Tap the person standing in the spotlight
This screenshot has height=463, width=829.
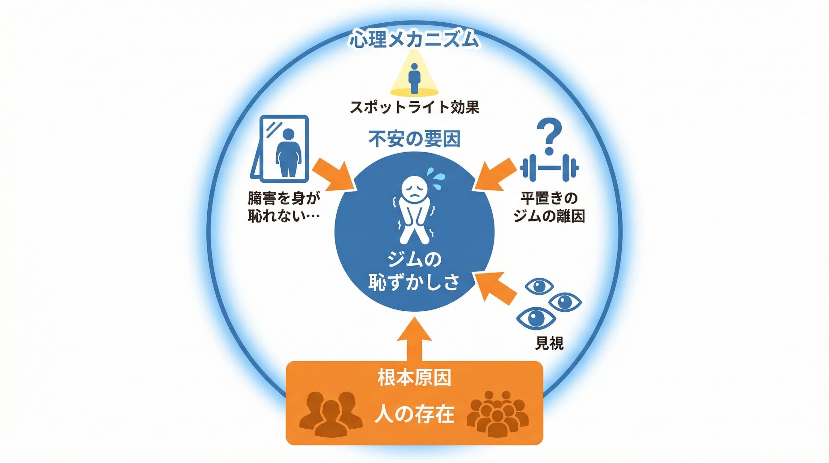click(x=414, y=78)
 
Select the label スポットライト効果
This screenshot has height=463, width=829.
click(x=414, y=107)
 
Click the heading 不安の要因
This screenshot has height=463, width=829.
click(x=414, y=140)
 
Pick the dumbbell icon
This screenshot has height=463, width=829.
click(x=549, y=168)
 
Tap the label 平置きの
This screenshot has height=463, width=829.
click(x=549, y=198)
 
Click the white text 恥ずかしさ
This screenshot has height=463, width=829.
click(x=414, y=282)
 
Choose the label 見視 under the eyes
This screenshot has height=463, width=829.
click(x=549, y=343)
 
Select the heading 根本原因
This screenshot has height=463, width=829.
click(x=414, y=377)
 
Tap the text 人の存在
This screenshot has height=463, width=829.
click(x=414, y=414)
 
